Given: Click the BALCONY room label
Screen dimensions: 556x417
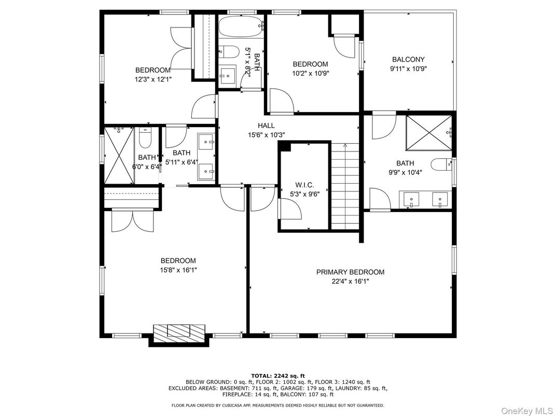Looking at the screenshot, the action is click(408, 60).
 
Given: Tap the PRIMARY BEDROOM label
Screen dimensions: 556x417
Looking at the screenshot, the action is click(350, 272).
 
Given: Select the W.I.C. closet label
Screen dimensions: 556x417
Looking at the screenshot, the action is click(304, 185).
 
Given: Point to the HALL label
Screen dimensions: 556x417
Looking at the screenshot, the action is click(266, 126).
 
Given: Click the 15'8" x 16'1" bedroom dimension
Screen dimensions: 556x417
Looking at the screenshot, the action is click(178, 270).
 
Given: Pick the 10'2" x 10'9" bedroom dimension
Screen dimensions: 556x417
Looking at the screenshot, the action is click(310, 74).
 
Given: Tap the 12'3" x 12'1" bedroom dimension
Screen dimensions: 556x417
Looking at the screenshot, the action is click(153, 79).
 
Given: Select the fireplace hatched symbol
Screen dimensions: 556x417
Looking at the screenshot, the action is click(179, 330).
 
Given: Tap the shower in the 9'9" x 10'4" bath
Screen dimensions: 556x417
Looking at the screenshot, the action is click(429, 133).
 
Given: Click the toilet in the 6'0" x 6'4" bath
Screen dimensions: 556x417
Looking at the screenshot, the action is click(145, 137).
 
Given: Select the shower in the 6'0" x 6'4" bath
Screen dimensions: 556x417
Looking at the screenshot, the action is click(119, 155).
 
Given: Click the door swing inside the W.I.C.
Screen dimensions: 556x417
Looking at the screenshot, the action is click(290, 209).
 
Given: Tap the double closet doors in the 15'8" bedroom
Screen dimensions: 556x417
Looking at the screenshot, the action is click(132, 220).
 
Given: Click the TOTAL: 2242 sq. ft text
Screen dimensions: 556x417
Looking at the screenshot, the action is click(278, 376).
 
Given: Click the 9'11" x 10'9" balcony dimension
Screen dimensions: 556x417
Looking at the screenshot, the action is click(408, 69).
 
